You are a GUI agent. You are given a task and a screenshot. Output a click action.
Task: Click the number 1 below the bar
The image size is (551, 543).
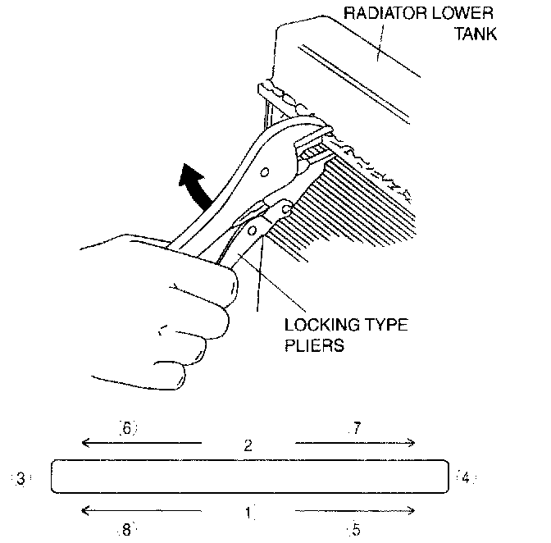click(x=248, y=513)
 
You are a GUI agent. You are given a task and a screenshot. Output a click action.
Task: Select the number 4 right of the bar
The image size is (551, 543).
click(x=464, y=477)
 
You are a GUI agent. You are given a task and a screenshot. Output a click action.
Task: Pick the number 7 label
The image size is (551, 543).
click(x=355, y=427)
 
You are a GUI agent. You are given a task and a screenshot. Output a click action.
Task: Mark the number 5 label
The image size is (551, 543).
click(x=355, y=530)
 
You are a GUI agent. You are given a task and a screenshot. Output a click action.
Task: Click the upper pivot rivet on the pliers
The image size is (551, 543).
click(x=264, y=171)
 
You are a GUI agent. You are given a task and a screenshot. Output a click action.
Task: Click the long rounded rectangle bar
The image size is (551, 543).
click(x=250, y=477)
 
